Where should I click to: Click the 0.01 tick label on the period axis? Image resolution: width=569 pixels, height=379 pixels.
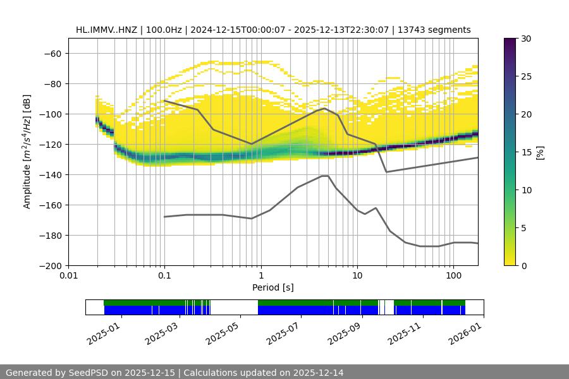click(68, 276)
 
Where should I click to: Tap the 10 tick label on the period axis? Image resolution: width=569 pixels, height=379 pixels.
click(357, 276)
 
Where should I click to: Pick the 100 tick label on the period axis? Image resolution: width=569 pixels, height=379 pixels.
click(453, 276)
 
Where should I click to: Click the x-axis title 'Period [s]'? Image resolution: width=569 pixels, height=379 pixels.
click(273, 287)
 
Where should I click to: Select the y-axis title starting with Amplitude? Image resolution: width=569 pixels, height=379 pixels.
click(27, 152)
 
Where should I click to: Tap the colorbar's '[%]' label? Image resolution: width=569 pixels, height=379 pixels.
click(540, 152)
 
